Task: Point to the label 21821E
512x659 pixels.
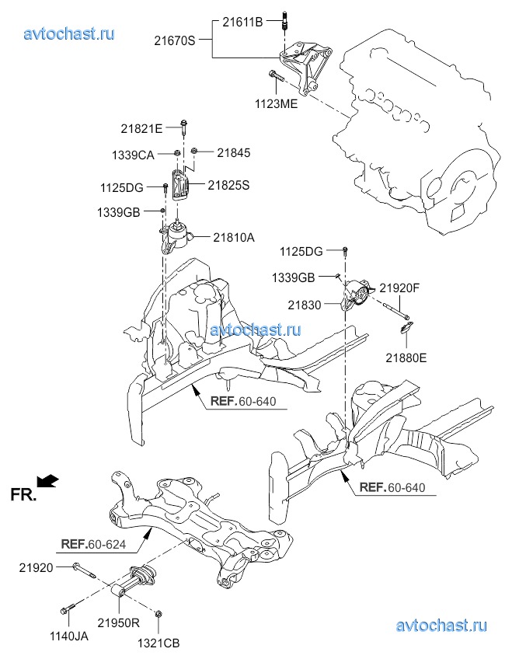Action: coord(141,127)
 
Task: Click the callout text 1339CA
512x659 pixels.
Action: coord(133,155)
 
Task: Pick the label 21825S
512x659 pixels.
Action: coord(229,184)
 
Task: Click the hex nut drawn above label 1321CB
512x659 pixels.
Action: coord(159,615)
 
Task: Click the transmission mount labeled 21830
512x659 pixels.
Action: coord(359,297)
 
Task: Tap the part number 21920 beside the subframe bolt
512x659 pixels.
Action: coord(36,568)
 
